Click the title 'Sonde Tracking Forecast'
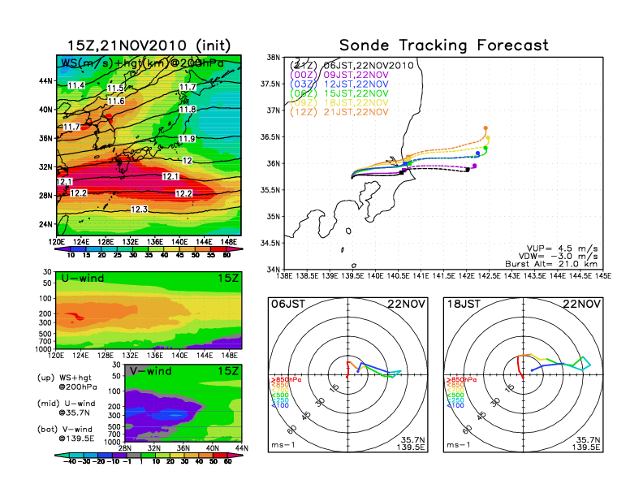[x=443, y=45]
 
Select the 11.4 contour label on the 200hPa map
[x=76, y=85]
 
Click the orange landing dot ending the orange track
[x=485, y=128]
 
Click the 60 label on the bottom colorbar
[x=229, y=460]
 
